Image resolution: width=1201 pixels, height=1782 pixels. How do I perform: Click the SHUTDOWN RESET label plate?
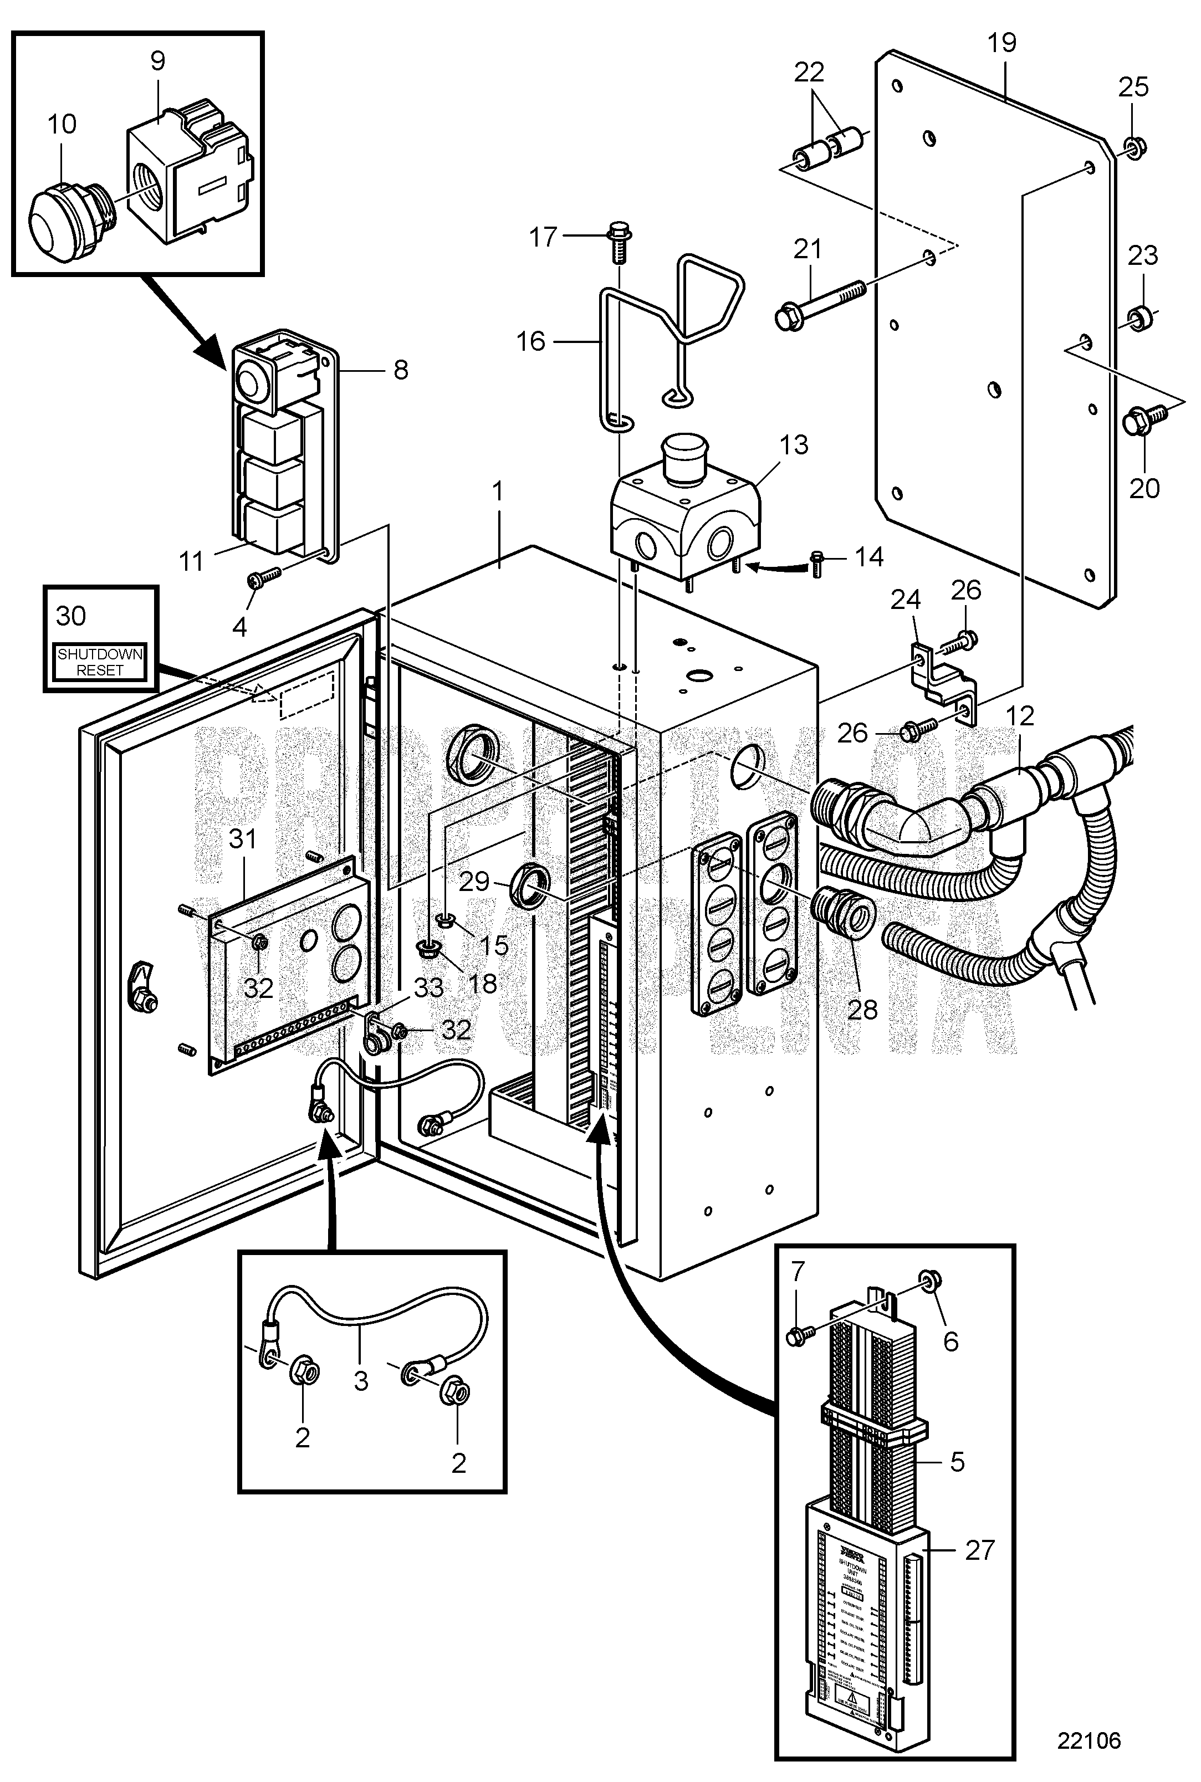(x=100, y=662)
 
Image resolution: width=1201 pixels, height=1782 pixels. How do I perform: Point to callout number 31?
(x=243, y=839)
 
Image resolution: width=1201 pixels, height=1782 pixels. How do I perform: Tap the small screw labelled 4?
(x=257, y=581)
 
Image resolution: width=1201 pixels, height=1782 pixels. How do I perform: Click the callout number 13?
(x=794, y=445)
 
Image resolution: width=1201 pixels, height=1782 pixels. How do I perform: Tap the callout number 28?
(x=862, y=1010)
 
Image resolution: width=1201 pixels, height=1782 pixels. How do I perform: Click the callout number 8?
(x=401, y=370)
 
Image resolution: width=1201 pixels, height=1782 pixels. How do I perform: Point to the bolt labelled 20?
(x=1139, y=422)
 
